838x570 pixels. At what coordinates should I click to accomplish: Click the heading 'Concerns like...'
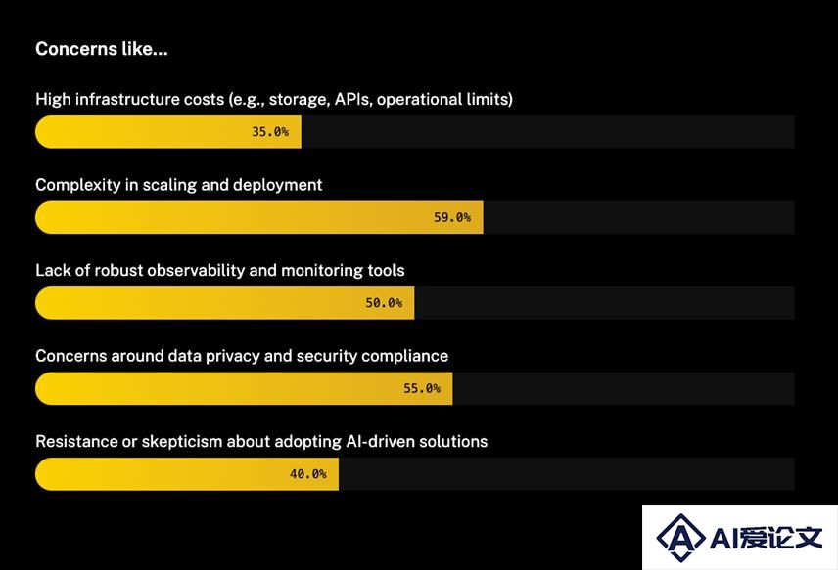(x=102, y=49)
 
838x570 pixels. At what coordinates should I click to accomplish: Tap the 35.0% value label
(x=270, y=132)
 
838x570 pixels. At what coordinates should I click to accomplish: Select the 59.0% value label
(x=452, y=217)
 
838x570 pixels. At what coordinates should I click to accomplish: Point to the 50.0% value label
(x=384, y=303)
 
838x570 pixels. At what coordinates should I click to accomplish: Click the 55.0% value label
(x=422, y=388)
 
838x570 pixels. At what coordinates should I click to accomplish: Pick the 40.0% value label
(x=307, y=474)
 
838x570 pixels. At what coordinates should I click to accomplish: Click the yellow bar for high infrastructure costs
(x=168, y=132)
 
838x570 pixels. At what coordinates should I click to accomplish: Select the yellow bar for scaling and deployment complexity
(x=259, y=217)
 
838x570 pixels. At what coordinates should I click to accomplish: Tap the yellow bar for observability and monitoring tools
(x=224, y=303)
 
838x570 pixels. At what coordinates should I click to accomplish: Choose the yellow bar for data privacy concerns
(x=244, y=388)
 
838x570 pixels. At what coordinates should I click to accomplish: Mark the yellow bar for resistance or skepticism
(x=187, y=474)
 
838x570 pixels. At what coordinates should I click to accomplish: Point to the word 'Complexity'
(x=78, y=185)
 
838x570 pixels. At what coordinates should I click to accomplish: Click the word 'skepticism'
(x=182, y=441)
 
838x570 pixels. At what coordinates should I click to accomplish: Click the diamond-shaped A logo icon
(x=680, y=538)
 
